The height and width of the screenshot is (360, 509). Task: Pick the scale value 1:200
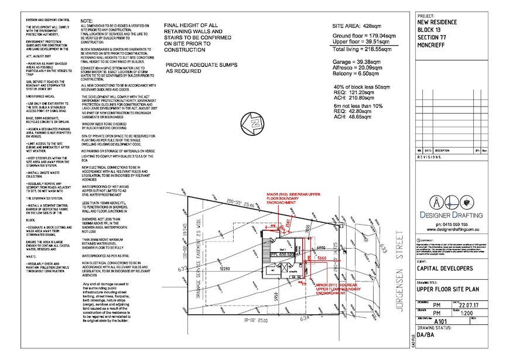[468, 313]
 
